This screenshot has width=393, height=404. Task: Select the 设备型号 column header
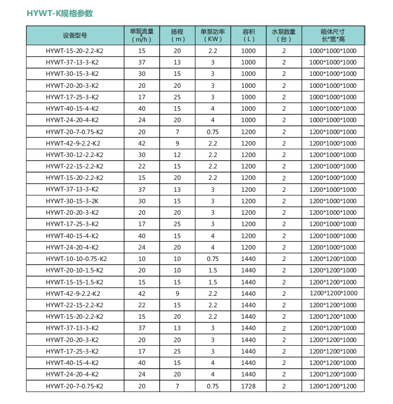75,35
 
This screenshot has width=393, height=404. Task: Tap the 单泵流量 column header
141,35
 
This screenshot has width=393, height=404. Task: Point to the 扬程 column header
177,35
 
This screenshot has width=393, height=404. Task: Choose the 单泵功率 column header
212,35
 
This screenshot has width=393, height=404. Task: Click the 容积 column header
248,35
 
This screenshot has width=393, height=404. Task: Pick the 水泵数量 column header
284,35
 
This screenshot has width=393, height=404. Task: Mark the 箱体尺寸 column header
333,35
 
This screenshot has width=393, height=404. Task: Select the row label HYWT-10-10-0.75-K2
76,259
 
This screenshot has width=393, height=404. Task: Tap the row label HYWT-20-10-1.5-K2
74,270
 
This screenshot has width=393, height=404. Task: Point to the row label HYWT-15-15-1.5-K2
74,282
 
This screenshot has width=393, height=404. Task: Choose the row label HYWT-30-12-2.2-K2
74,155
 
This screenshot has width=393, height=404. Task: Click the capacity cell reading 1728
248,386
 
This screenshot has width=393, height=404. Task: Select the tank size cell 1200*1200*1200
333,386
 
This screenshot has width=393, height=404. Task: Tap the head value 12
177,155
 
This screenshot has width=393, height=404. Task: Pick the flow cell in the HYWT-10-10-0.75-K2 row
141,259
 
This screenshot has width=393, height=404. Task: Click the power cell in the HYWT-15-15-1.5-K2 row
212,282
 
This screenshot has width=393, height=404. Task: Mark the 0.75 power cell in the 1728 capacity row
212,386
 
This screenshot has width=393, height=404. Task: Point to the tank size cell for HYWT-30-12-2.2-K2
333,155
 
